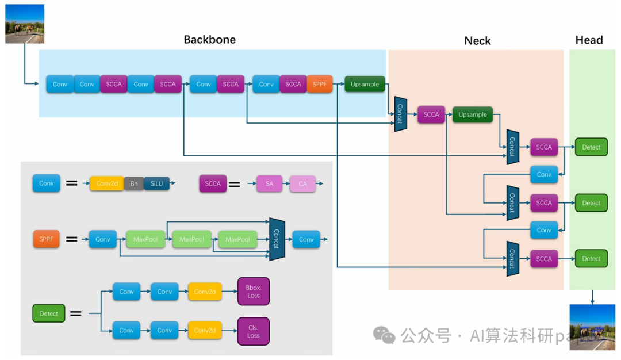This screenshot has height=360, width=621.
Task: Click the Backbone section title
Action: [209, 40]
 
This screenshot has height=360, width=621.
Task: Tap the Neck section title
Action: [477, 41]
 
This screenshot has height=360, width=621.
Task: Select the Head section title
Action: [589, 40]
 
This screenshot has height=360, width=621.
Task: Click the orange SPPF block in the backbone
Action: [320, 84]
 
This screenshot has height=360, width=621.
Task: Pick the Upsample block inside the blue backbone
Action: [365, 84]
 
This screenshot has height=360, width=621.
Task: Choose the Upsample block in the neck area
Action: [473, 114]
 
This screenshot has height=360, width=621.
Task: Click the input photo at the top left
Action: [25, 24]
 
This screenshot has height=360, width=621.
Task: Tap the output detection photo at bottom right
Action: [592, 327]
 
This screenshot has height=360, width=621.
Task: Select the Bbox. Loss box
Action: [254, 291]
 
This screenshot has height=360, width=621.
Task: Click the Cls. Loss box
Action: [254, 331]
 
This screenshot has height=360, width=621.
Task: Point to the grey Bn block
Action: [134, 183]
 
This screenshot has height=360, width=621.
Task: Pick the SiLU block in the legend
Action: [156, 183]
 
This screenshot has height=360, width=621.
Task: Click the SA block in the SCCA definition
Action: [269, 183]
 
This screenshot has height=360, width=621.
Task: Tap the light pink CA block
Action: [302, 183]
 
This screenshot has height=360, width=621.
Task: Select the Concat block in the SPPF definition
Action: [276, 239]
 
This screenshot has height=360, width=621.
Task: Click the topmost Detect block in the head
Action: [591, 147]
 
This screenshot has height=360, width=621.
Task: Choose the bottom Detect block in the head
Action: [591, 259]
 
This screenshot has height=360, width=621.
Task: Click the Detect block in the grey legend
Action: [49, 313]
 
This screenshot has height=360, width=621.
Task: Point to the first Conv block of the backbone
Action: [60, 84]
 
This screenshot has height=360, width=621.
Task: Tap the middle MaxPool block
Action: [191, 239]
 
